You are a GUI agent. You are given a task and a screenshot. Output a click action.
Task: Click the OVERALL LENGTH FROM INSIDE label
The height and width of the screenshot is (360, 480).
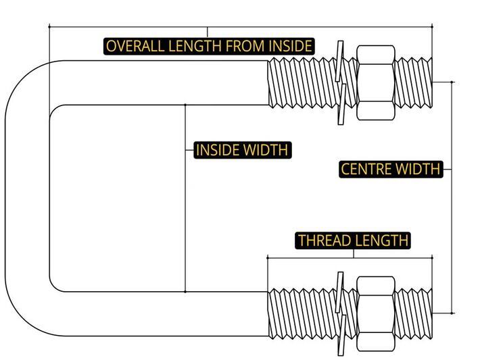209,46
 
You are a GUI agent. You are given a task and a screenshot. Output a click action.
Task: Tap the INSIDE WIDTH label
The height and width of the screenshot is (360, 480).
242,150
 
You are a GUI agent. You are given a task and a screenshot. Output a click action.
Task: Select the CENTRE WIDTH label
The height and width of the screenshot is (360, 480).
390,169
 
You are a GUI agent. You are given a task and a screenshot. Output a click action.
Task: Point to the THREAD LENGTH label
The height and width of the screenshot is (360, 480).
353,240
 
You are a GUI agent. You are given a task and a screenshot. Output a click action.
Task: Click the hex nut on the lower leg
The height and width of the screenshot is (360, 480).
375,313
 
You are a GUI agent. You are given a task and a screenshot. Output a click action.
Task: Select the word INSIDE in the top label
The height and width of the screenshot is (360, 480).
290,46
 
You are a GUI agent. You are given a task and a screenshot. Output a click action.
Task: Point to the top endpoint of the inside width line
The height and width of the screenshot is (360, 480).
185,105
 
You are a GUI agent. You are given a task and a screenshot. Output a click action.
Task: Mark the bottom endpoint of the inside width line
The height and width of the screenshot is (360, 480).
185,291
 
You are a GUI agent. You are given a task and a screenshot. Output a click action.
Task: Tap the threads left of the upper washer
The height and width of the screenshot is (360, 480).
301,82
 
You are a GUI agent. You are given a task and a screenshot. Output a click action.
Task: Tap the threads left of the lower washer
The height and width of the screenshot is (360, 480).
301,313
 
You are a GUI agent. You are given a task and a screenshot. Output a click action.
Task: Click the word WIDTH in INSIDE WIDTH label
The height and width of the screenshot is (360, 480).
266,150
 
